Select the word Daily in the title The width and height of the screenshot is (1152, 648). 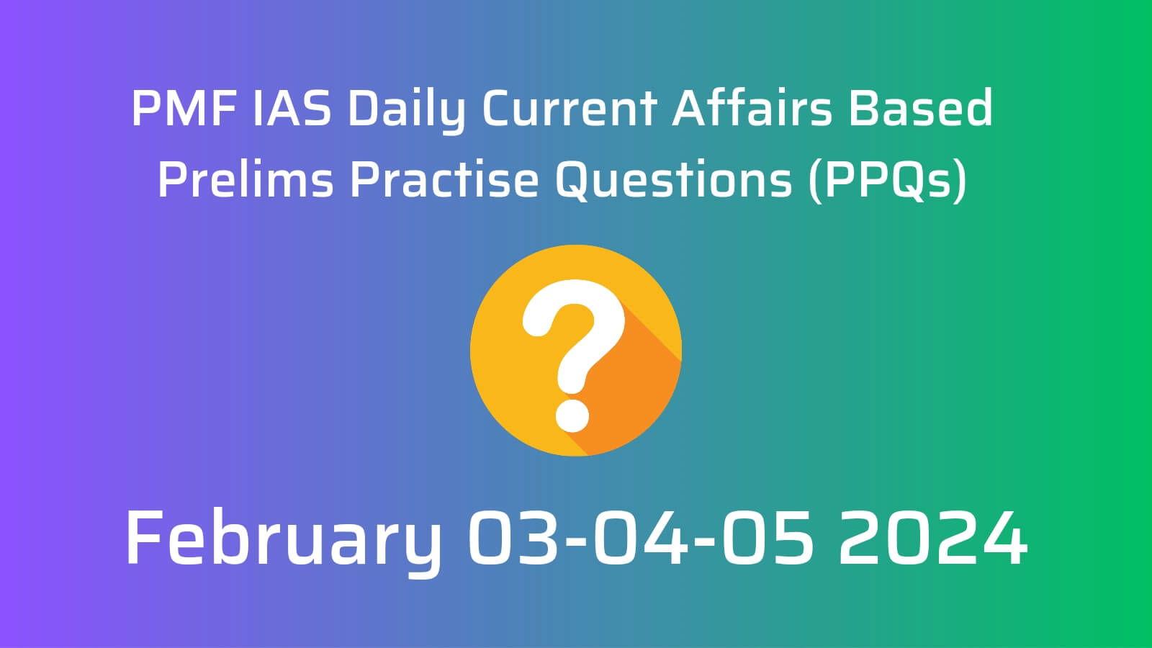coord(406,112)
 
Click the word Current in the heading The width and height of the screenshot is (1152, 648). coord(570,108)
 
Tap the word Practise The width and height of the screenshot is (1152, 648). coord(444,179)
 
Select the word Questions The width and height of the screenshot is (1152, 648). coord(674,180)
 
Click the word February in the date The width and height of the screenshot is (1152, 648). coord(284,541)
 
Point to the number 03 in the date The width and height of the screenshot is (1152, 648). coord(512,538)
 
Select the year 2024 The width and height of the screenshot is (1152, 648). coord(933,538)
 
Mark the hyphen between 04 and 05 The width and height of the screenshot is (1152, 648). coord(705,540)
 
